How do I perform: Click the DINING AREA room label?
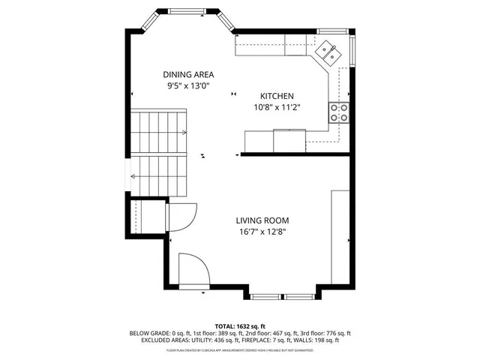click(189, 74)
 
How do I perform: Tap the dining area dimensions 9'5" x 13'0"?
click(189, 85)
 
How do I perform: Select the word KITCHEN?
click(277, 96)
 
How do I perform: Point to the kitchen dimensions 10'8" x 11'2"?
click(277, 107)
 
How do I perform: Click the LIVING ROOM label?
click(262, 220)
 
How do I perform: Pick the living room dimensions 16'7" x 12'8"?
click(262, 232)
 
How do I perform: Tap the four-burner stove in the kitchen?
click(339, 113)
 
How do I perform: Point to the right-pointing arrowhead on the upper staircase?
click(184, 133)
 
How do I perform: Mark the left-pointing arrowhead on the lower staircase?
click(133, 176)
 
